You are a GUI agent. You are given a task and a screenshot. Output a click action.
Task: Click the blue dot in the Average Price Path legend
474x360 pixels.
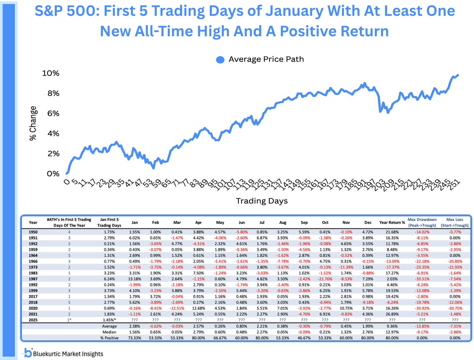pos(220,60)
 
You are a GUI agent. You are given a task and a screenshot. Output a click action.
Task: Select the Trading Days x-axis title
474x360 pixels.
pos(262,201)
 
